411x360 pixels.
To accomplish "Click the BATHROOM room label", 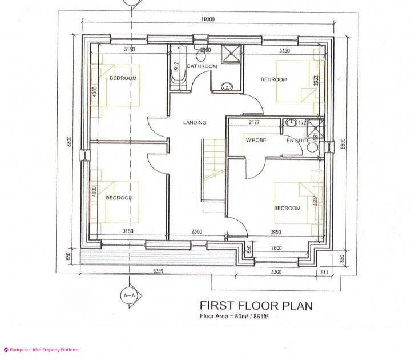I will click(x=202, y=67).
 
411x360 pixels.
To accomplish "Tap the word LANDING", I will click(x=195, y=122).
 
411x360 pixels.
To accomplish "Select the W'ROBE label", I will click(x=255, y=140).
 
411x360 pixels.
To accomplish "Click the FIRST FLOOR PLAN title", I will click(x=256, y=306).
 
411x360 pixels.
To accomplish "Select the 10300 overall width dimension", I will click(x=208, y=19).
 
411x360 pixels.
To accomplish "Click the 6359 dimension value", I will click(x=158, y=271).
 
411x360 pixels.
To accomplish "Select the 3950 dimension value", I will click(x=276, y=232).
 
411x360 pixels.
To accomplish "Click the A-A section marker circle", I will click(x=129, y=295).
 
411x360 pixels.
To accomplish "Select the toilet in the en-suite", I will click(x=312, y=146).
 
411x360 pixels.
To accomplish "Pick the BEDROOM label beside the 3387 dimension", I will click(x=287, y=208).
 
